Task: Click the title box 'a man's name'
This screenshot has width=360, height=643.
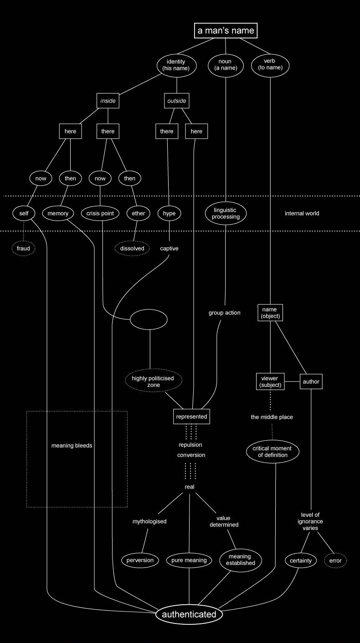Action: coord(226,31)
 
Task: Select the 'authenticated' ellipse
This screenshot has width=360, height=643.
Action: coord(189,614)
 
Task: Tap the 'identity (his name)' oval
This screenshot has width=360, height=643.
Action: coord(176,65)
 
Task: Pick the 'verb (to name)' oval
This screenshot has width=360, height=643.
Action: coord(270,65)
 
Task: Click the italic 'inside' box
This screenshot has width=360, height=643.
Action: coord(108,101)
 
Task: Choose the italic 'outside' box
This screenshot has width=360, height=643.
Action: coord(175,101)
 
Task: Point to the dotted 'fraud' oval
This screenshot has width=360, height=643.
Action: coord(23,249)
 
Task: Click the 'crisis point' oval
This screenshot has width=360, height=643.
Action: coord(99,213)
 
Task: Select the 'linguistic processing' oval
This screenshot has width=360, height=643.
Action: coord(226,213)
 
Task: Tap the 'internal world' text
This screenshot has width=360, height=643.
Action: coord(302,213)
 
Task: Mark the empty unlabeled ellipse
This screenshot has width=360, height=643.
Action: coord(149,320)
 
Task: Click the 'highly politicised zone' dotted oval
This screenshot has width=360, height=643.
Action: coord(153,382)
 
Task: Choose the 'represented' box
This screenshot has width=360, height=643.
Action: coord(192,417)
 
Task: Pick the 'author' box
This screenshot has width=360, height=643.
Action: coord(311,381)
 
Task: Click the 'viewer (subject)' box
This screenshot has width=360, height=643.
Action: coord(270,382)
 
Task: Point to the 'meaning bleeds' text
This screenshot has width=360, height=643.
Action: coord(72,446)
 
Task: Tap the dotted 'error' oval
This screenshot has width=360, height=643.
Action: coord(335,560)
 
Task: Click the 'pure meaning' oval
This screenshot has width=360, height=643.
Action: coord(189,560)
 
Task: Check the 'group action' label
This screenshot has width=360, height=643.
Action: coord(224,313)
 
